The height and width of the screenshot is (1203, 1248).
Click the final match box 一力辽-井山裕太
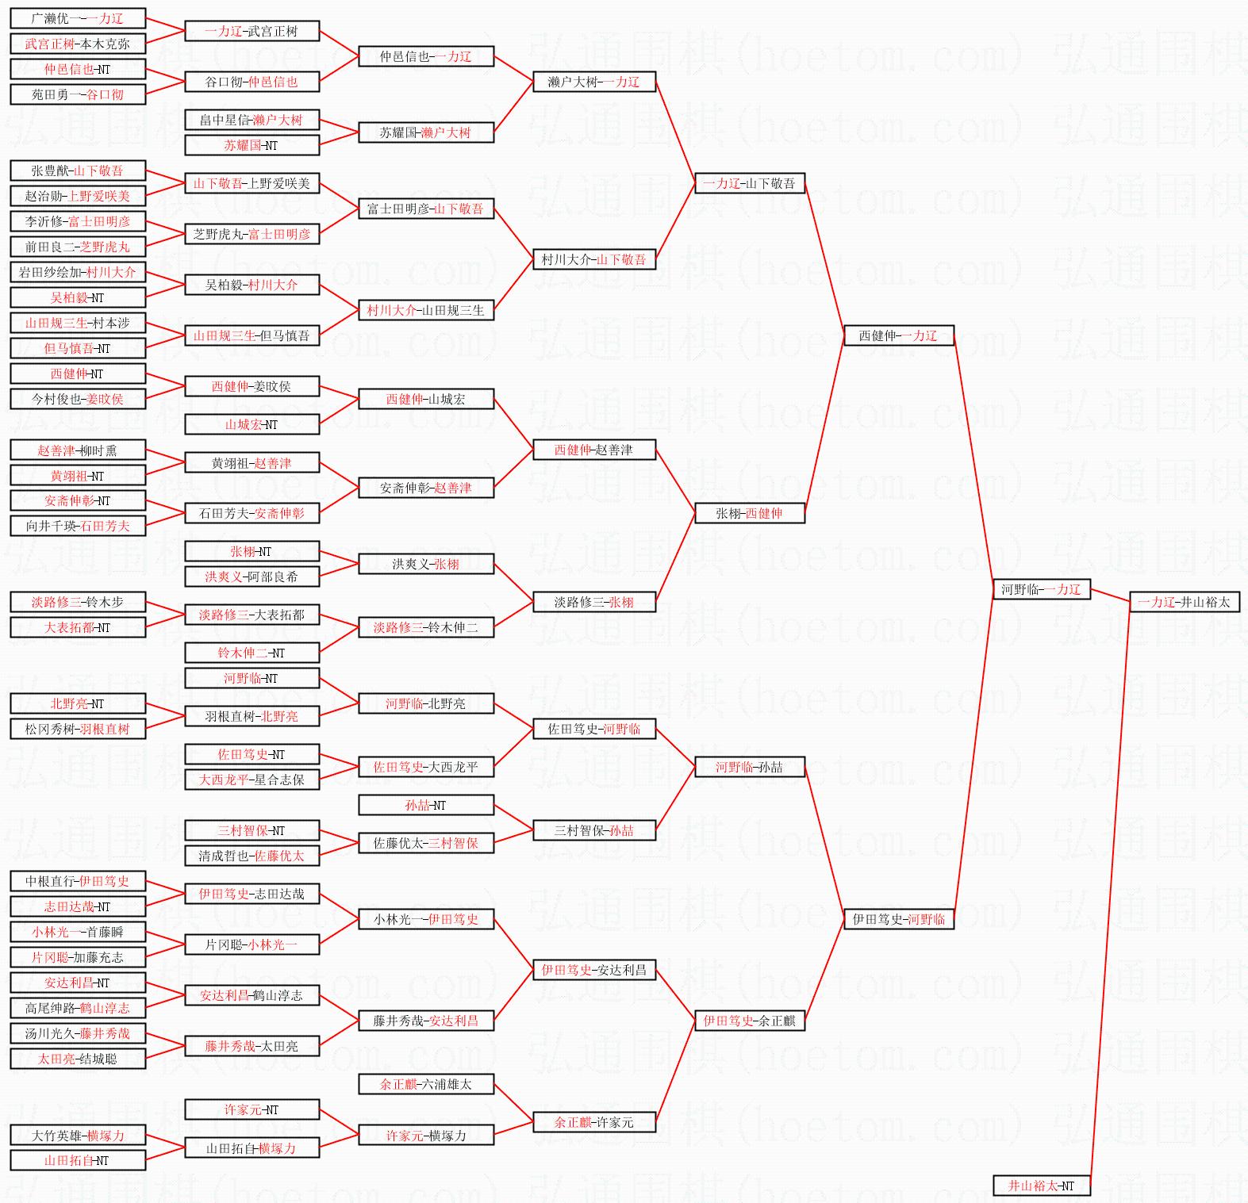pyautogui.click(x=1184, y=602)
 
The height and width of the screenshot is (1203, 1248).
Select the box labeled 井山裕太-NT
pyautogui.click(x=1041, y=1186)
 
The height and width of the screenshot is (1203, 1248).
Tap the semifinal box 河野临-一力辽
pyautogui.click(x=1041, y=589)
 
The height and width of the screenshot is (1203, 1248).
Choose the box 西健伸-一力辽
pyautogui.click(x=898, y=335)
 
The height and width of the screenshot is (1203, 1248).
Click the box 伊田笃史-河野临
pyautogui.click(x=898, y=919)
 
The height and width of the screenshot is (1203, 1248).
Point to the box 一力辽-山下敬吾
pyautogui.click(x=749, y=183)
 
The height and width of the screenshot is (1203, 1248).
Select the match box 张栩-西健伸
pyautogui.click(x=749, y=513)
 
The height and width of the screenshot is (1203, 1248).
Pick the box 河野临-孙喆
pyautogui.click(x=749, y=767)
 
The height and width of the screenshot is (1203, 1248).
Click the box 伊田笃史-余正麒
pyautogui.click(x=749, y=1021)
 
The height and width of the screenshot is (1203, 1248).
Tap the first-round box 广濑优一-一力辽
pyautogui.click(x=78, y=18)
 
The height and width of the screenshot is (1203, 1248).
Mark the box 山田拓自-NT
pyautogui.click(x=78, y=1160)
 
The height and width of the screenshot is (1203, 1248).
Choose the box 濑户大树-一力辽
pyautogui.click(x=593, y=82)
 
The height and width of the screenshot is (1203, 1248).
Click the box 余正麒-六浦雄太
pyautogui.click(x=426, y=1084)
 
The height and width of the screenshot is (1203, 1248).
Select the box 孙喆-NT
pyautogui.click(x=426, y=805)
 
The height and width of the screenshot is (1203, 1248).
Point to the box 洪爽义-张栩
pyautogui.click(x=426, y=564)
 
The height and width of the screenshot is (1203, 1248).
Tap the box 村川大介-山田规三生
pyautogui.click(x=426, y=310)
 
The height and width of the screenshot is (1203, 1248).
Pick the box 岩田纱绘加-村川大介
pyautogui.click(x=78, y=272)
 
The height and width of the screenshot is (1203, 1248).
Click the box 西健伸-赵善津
pyautogui.click(x=593, y=450)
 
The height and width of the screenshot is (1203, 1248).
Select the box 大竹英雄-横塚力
pyautogui.click(x=78, y=1135)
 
